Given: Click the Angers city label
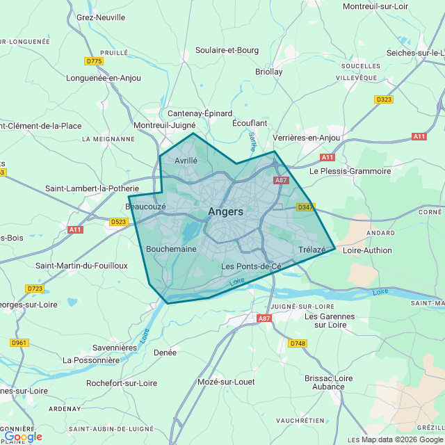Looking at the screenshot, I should tap(225, 212).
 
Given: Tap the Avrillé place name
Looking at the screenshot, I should tap(186, 160).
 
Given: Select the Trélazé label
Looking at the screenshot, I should tap(311, 250).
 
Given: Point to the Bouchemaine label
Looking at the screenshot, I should tap(171, 248).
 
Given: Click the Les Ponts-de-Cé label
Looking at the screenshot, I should tap(251, 266).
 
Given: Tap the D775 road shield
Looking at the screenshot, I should tap(94, 61).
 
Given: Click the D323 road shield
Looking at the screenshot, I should tap(384, 99).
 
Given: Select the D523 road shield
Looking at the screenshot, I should tap(119, 222).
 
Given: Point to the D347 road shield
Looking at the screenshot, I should tap(305, 207).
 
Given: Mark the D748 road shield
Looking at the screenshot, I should tap(298, 343).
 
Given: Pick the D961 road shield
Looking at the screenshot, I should tap(19, 343).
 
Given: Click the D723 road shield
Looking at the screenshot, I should tap(35, 288).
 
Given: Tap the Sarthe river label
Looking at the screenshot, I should tap(252, 143).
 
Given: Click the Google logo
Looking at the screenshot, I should tap(23, 437).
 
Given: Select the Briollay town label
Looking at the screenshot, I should tap(269, 72).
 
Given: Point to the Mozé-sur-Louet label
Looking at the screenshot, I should tap(226, 382).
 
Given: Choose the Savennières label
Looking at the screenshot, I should tap(115, 347).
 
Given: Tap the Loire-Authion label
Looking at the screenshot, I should tap(367, 250).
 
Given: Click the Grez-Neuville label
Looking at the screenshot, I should tap(101, 17).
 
